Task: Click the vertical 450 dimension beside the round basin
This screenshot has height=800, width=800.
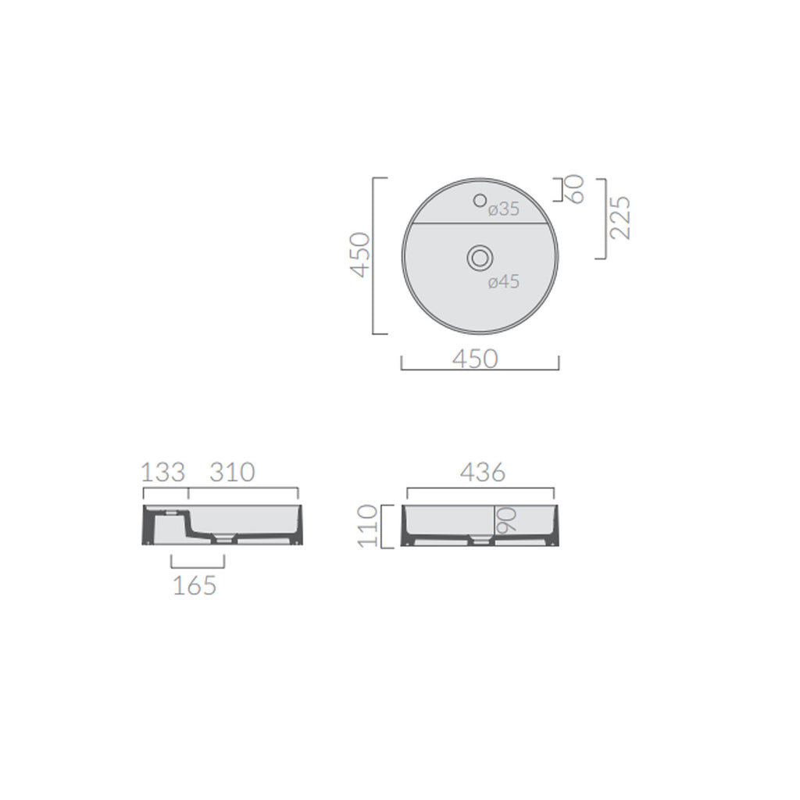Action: (x=360, y=255)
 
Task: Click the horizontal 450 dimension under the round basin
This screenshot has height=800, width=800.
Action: (x=474, y=359)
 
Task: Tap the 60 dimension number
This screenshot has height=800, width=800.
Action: (x=576, y=189)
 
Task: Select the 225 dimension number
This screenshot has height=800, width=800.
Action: (x=620, y=218)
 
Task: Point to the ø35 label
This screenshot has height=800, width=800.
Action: (x=503, y=209)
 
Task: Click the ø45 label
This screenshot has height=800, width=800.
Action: (x=504, y=283)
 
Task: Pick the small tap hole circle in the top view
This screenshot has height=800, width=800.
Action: (x=480, y=201)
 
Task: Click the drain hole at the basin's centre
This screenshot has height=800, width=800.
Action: (x=479, y=256)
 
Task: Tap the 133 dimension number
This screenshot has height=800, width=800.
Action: (x=163, y=473)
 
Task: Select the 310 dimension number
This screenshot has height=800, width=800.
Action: (x=232, y=473)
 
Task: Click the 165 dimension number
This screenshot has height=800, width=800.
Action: (x=194, y=585)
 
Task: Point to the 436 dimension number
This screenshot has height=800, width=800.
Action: (x=482, y=473)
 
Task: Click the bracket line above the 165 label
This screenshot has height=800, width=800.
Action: (x=198, y=567)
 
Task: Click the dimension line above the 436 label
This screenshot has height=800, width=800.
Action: (x=480, y=489)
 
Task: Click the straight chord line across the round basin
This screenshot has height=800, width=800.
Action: (x=479, y=223)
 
